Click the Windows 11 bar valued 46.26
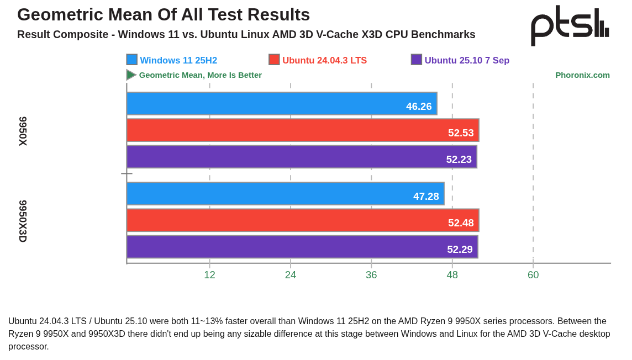[x=282, y=104]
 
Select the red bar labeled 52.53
[x=303, y=130]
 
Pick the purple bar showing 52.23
[x=302, y=157]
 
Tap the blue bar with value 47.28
[x=285, y=194]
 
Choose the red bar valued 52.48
[x=303, y=220]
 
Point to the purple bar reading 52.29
[x=302, y=247]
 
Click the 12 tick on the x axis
[x=209, y=275]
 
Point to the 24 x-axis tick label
[x=291, y=275]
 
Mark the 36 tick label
[x=371, y=275]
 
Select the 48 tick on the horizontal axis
[x=452, y=275]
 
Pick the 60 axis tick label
[x=533, y=275]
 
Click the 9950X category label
[x=23, y=131]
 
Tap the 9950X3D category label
[x=23, y=221]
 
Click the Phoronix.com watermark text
[x=582, y=75]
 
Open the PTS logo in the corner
[x=570, y=25]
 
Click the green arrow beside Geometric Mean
[x=131, y=75]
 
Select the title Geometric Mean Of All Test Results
[x=164, y=15]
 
